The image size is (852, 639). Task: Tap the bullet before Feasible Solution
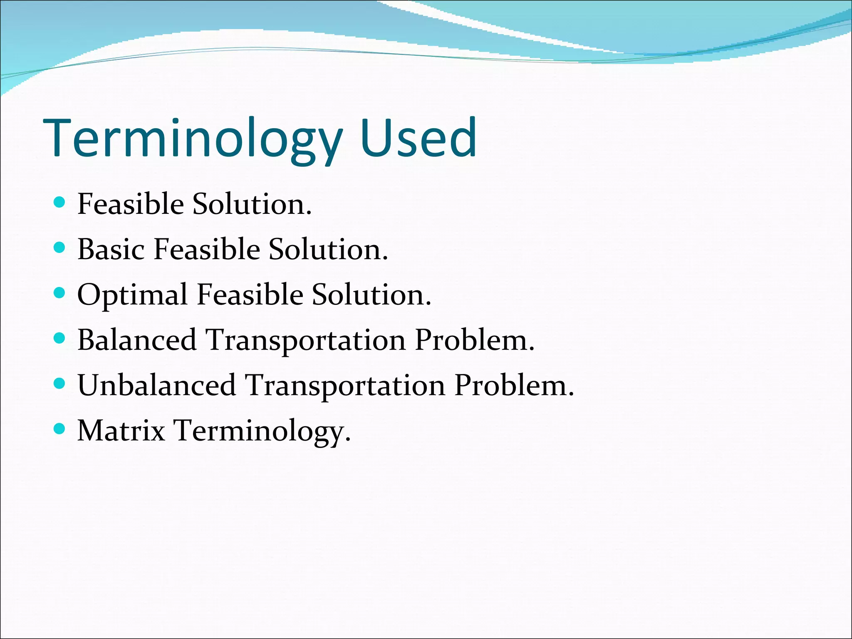point(60,203)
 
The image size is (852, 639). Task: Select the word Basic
point(111,250)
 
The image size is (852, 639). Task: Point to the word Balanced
point(137,340)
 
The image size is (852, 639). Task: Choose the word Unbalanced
point(156,385)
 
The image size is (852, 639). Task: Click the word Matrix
point(121,431)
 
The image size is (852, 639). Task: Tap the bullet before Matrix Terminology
point(60,428)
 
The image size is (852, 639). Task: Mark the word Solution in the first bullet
point(252,204)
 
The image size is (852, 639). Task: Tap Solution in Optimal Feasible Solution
point(371,295)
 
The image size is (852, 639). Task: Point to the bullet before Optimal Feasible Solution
point(60,293)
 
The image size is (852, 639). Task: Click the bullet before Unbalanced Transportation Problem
point(60,383)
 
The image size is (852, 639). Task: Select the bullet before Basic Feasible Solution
point(60,248)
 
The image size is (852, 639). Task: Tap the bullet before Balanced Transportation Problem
point(60,338)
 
